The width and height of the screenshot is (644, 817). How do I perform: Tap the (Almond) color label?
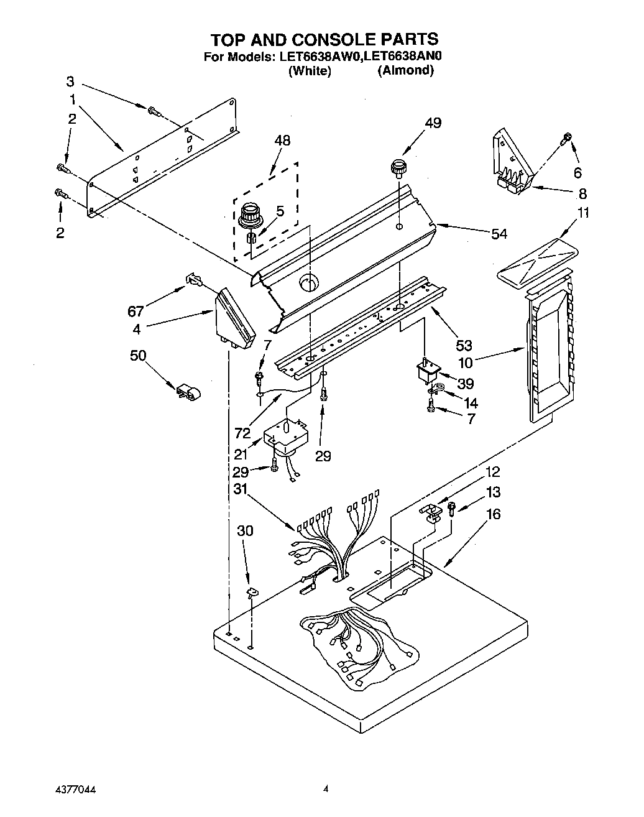pos(405,70)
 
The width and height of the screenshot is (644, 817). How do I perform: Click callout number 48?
pos(282,141)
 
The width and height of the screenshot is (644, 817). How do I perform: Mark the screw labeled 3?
pos(154,111)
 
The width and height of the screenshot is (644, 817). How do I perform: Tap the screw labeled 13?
pos(453,508)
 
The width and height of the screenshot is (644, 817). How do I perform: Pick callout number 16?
pos(494,514)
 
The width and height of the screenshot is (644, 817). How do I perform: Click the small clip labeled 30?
pos(252,592)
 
